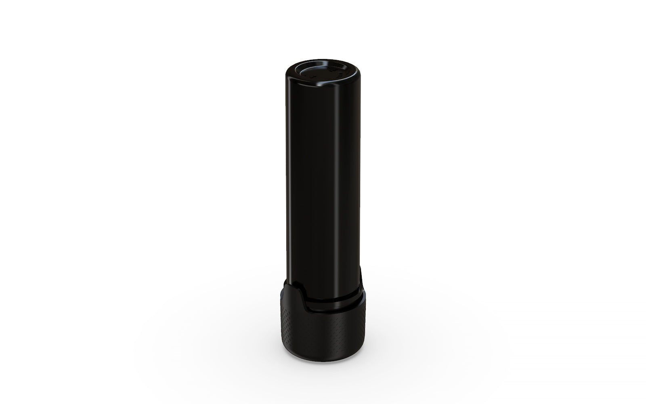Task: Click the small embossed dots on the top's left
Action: pyautogui.click(x=311, y=75)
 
